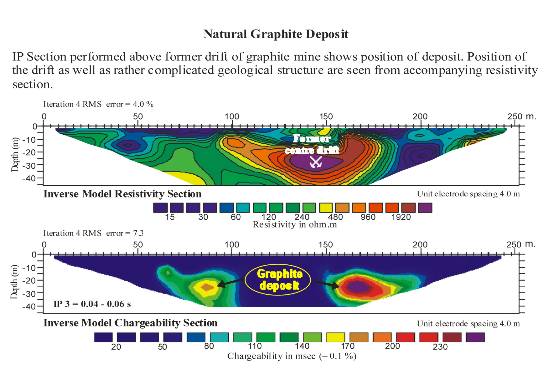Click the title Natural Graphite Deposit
coord(276,34)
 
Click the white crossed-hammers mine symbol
coord(315,162)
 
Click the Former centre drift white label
coord(312,144)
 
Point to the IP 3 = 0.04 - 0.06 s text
coord(92,304)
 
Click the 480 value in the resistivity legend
coord(335,217)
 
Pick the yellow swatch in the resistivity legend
coord(326,208)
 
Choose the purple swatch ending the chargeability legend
coord(475,337)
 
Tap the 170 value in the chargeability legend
coord(347,346)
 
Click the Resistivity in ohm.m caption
coord(295,224)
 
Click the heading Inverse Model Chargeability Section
coord(130,323)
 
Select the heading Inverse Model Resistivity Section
coord(122,194)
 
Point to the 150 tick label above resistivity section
coord(326,117)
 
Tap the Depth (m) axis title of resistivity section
coord(15,155)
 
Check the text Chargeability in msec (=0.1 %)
coord(292,356)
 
